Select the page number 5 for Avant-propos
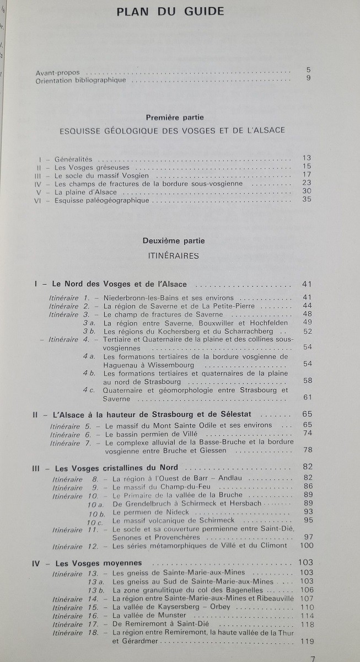point(309,70)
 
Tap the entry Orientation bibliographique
point(80,80)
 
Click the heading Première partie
point(175,117)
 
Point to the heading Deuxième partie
point(173,241)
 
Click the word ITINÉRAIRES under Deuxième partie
point(174,255)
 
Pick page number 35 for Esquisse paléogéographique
point(307,199)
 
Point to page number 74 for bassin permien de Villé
point(307,433)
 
